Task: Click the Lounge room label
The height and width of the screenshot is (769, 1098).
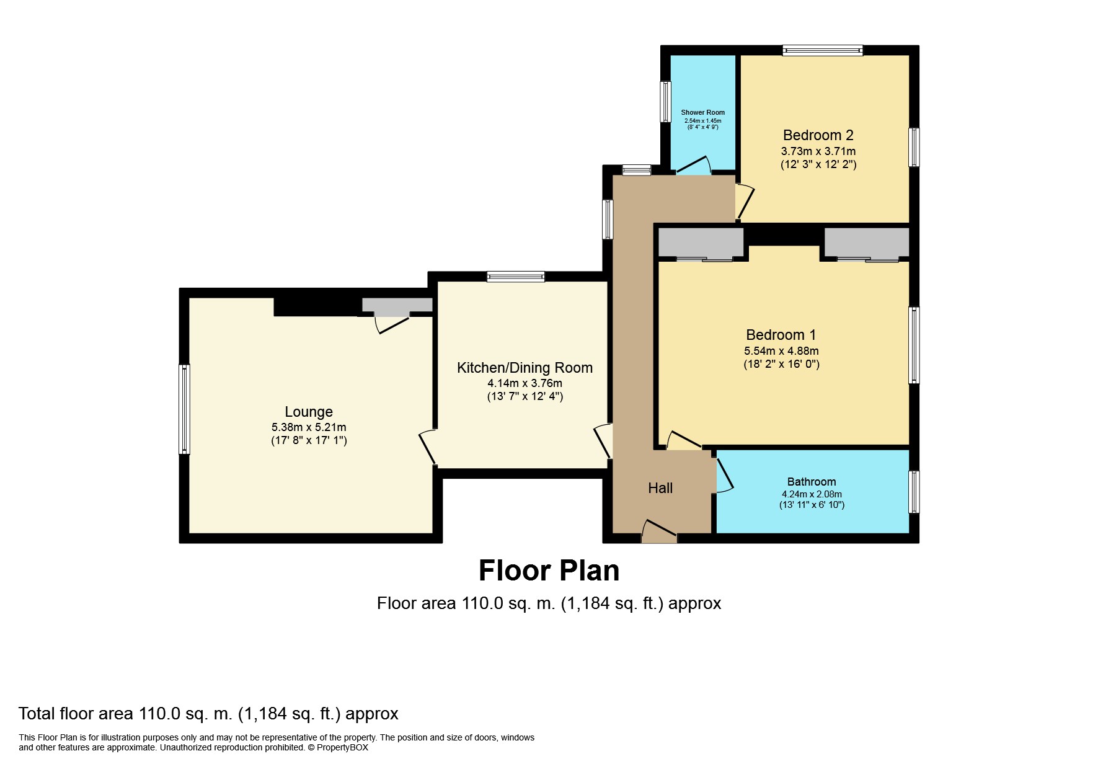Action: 309,412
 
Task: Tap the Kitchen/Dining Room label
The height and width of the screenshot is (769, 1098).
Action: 525,368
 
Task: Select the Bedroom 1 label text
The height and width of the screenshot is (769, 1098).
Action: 781,335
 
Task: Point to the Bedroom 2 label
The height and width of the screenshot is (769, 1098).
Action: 818,135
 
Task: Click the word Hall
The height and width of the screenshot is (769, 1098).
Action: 660,488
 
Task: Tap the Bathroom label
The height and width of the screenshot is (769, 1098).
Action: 812,482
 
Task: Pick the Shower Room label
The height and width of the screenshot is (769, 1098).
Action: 703,113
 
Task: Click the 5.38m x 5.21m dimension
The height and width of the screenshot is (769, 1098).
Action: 309,427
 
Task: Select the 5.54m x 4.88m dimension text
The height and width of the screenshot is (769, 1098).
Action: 781,350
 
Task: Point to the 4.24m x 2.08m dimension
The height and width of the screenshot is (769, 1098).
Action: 812,494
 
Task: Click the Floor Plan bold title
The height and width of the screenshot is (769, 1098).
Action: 549,571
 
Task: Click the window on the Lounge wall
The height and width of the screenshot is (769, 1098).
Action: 184,409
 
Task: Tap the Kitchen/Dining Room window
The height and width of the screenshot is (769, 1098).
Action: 516,277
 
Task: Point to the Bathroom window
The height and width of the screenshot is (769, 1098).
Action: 914,492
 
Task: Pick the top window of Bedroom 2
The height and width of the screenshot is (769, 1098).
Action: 823,51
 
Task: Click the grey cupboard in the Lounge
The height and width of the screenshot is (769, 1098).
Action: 397,305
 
